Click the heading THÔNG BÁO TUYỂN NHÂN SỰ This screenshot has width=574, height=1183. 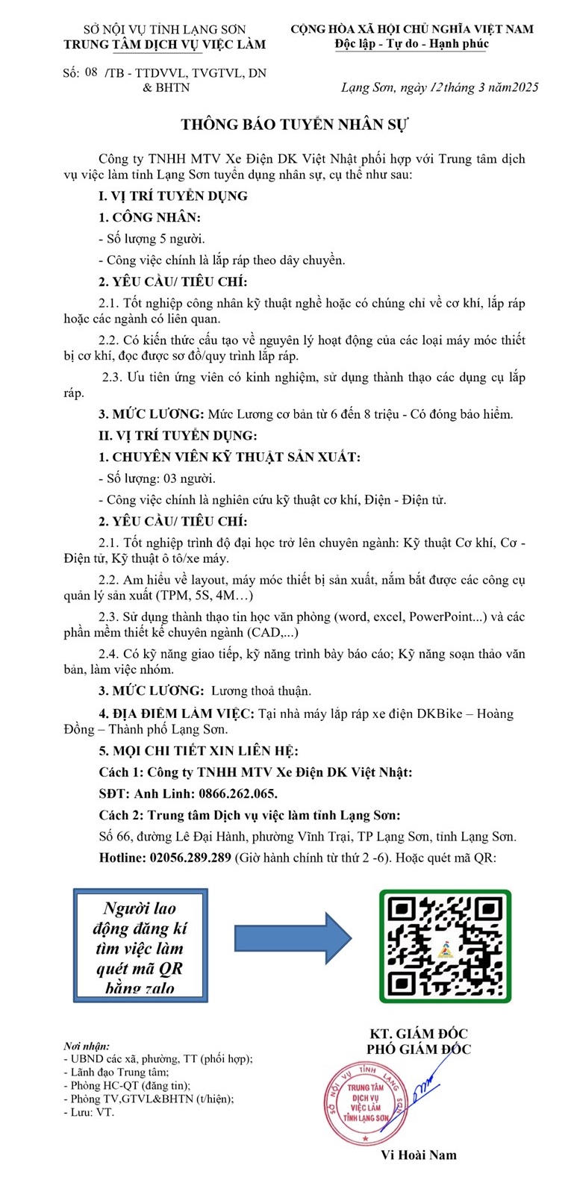[295, 124]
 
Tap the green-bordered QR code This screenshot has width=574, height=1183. [445, 946]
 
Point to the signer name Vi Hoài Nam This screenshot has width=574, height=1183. [418, 1155]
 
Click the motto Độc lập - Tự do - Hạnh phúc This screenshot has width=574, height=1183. [412, 44]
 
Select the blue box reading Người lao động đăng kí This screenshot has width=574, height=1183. [140, 945]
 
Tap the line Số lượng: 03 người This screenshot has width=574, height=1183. [157, 478]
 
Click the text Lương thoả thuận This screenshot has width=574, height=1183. [261, 691]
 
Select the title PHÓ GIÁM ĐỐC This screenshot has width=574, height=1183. [418, 1049]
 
